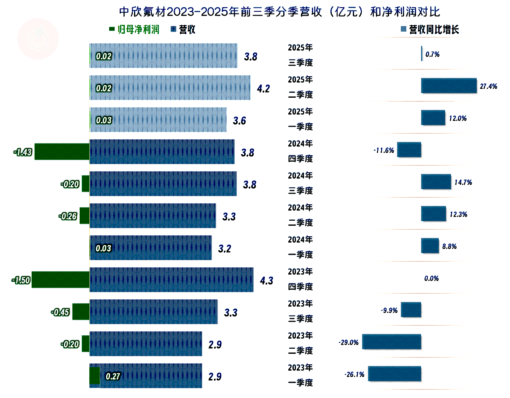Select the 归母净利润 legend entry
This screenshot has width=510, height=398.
coord(134,29)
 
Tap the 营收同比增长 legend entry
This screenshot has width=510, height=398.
coord(429,29)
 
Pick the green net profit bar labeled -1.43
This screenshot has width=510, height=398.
coord(62,152)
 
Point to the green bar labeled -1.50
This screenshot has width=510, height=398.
coord(60,280)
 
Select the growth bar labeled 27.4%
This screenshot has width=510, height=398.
coord(448,86)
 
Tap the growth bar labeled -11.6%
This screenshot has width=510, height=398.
coord(409,150)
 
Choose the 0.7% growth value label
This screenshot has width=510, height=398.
coord(433,54)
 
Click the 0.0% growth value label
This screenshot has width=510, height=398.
coord(432,278)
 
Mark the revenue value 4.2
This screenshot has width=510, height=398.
coord(263,88)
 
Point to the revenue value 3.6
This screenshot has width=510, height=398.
coord(239,121)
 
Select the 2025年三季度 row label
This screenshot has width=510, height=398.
coord(300,55)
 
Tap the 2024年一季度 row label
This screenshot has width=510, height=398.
coord(300,247)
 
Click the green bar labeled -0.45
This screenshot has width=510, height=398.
coord(81,312)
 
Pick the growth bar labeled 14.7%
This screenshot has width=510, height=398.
coord(436,182)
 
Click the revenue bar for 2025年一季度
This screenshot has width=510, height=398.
coord(158,120)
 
